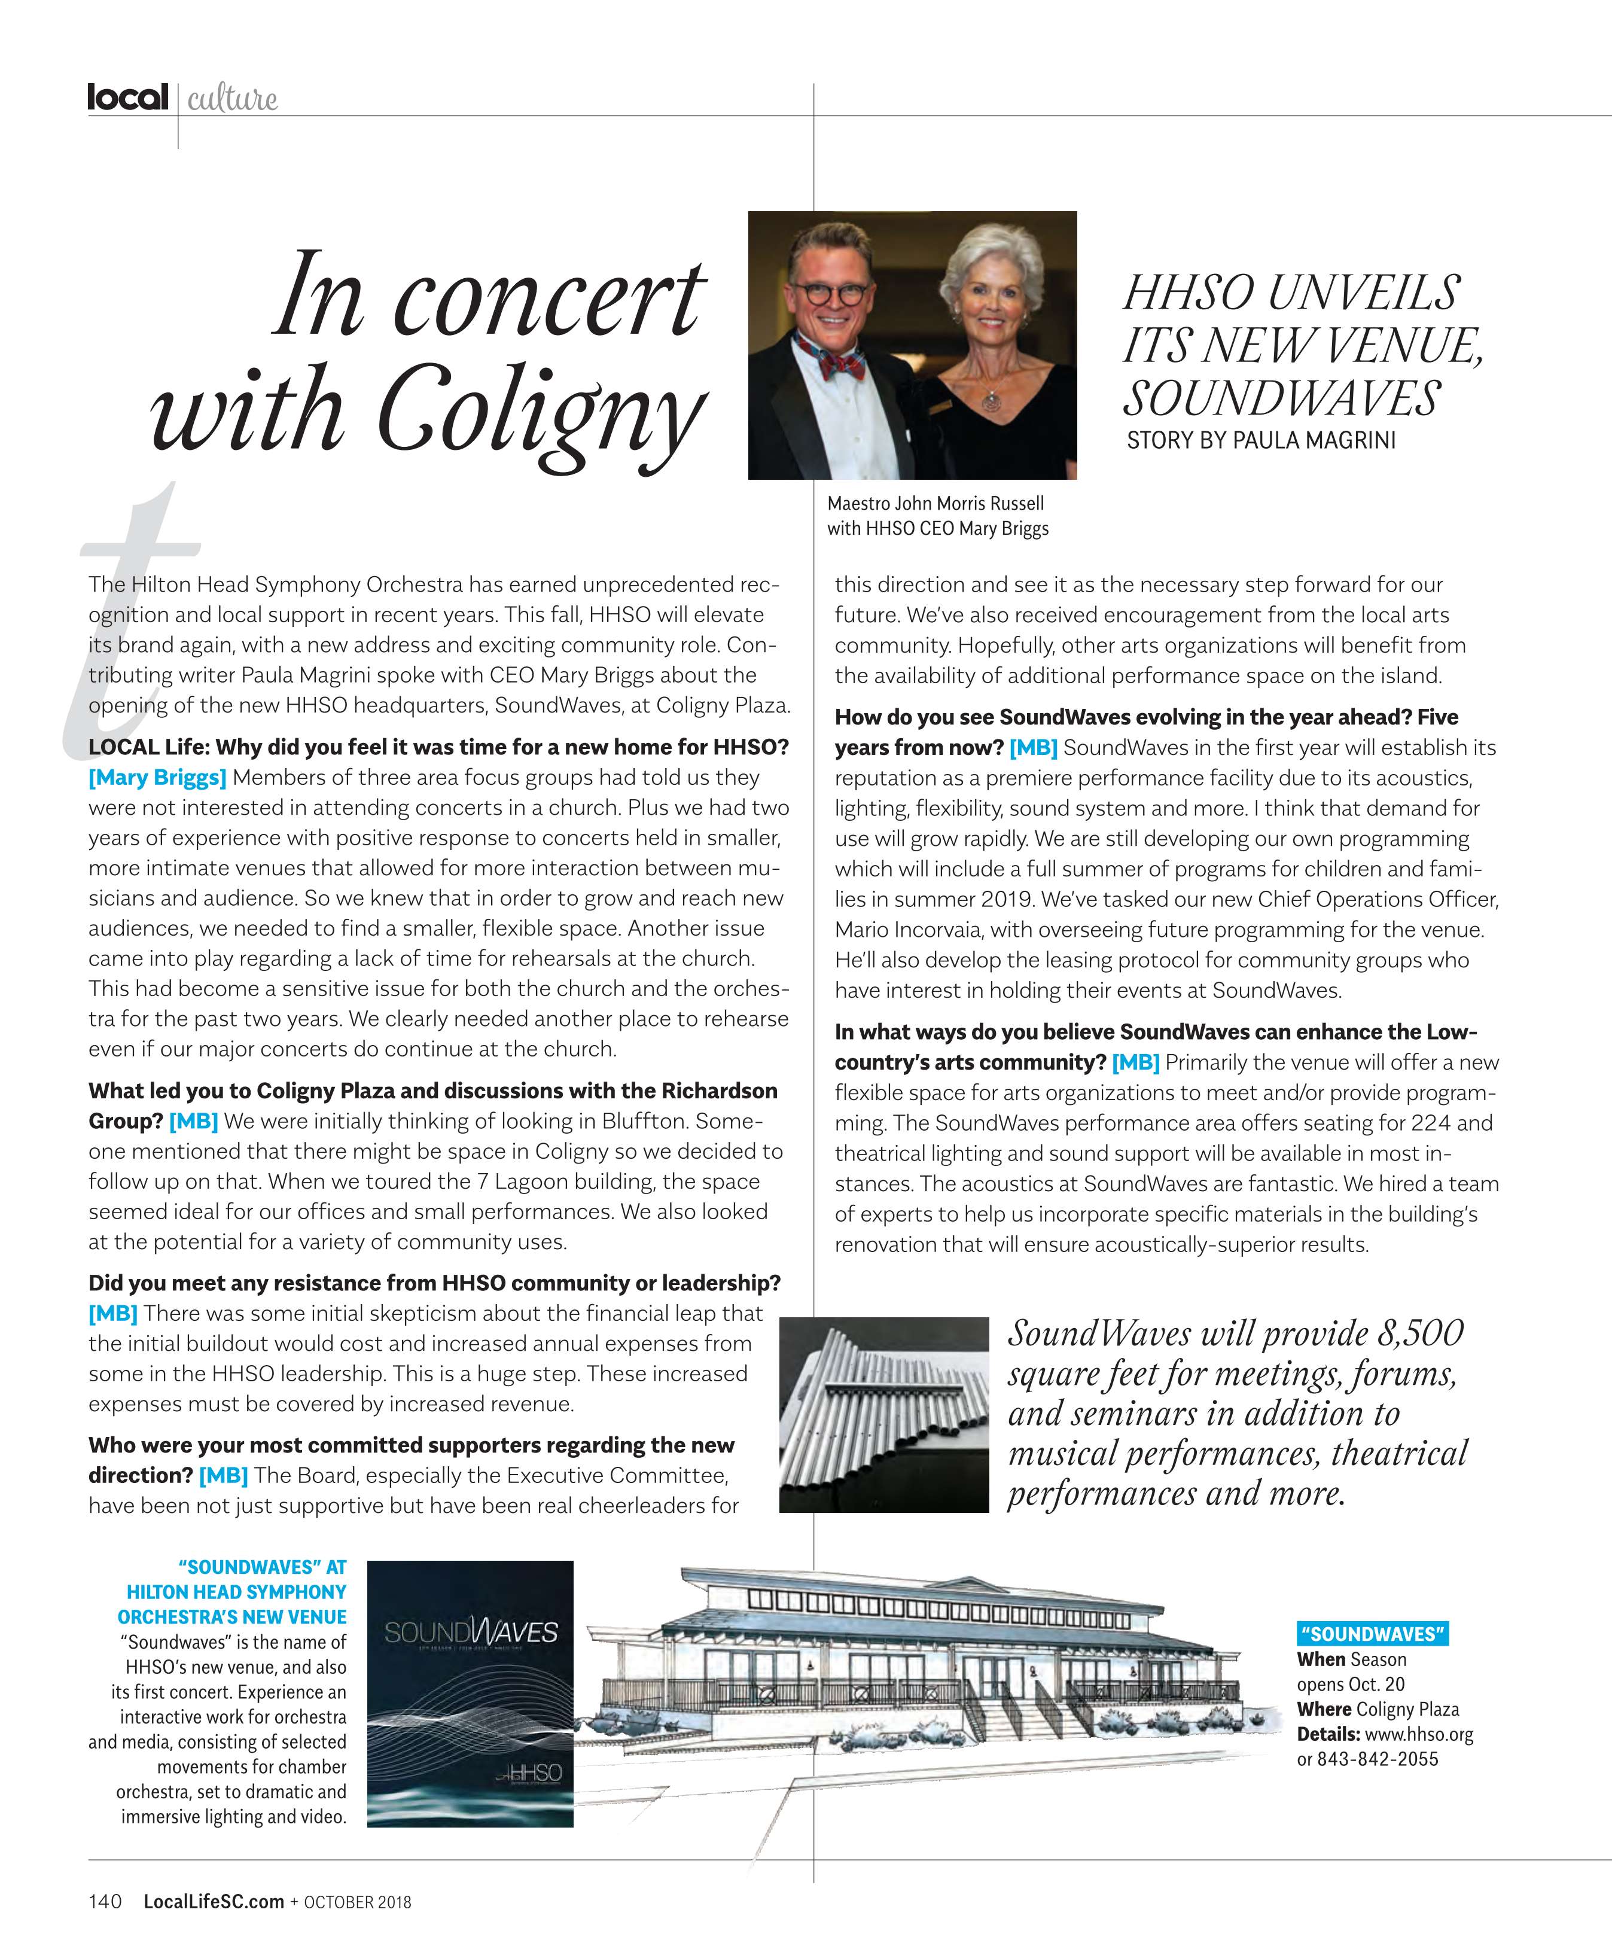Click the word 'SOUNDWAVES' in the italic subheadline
coord(1281,398)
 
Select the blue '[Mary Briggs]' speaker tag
coord(157,778)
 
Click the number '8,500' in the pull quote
coord(1419,1333)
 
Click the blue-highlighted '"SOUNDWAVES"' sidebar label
coord(1372,1634)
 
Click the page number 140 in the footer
coord(105,1902)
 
